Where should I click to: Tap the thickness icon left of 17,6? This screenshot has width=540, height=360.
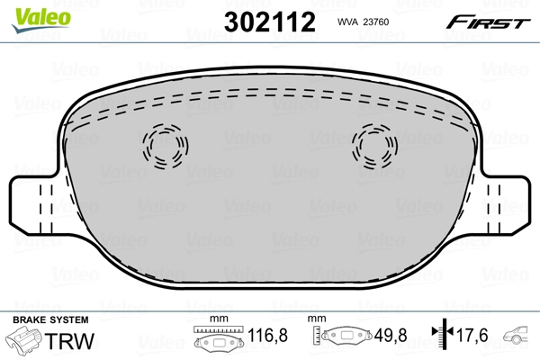tap(441, 337)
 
